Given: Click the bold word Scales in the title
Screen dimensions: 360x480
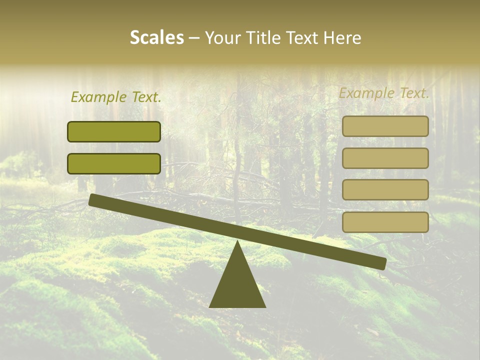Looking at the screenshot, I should coord(156,37).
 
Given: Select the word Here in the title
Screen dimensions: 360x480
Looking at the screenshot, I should coord(342,37).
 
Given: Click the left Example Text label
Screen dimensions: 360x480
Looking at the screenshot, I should coord(116,97).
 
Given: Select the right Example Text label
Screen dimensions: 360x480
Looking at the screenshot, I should coord(384,93).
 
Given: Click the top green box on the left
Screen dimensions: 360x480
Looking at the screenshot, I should coord(114,131).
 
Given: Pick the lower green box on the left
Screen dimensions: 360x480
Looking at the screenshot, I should coord(114,163).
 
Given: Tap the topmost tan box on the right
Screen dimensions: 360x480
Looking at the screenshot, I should coord(385,126).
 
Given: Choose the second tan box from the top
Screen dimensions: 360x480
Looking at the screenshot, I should coord(385,158).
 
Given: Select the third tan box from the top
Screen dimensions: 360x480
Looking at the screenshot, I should coord(385,190).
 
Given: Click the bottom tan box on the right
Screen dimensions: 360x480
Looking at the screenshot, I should coord(385,222).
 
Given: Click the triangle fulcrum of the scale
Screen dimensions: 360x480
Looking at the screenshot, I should coord(237,285).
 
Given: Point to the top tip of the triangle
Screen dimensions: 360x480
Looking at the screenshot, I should coord(237,241).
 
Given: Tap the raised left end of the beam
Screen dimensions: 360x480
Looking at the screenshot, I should coord(93,199).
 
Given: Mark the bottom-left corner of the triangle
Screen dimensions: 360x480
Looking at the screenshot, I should coord(210,306).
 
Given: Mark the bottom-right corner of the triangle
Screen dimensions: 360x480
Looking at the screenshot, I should coord(264,306).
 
